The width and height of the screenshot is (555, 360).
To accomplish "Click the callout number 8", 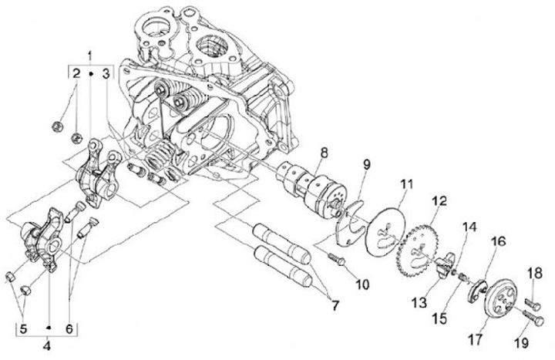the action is tap(324, 153).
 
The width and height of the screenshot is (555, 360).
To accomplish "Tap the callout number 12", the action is tap(439, 201).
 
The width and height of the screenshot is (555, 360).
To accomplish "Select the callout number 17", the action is tap(476, 339).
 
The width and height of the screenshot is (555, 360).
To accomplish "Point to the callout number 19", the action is tap(521, 342).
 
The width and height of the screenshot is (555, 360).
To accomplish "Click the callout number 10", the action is tap(362, 284).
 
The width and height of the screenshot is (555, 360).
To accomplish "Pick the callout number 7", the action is tap(335, 305).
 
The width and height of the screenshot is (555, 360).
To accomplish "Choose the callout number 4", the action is tap(47, 345).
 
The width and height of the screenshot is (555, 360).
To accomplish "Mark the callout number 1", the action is tap(90, 56).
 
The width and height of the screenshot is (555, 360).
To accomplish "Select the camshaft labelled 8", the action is tap(311, 188).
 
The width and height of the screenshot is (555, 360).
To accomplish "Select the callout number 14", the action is tap(469, 227).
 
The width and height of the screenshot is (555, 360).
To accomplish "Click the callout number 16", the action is tap(498, 242).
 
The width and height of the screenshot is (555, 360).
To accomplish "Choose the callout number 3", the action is tap(106, 74).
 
